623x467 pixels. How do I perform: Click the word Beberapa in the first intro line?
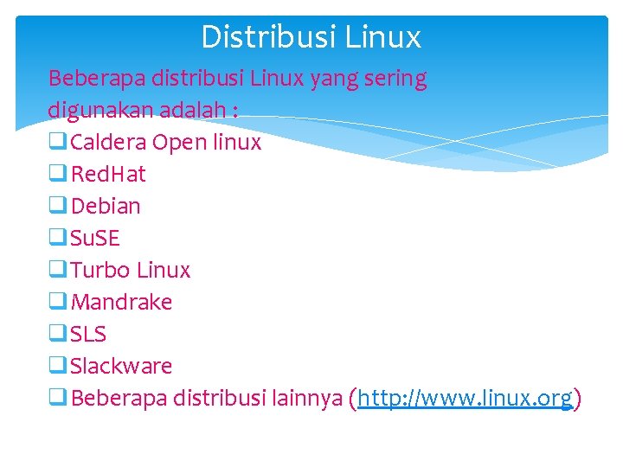click(x=96, y=79)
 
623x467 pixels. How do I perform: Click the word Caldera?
click(x=108, y=142)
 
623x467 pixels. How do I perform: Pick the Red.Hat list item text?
click(x=108, y=174)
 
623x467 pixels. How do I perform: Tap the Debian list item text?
click(x=106, y=206)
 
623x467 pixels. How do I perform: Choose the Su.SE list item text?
click(x=95, y=238)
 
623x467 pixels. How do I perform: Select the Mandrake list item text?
click(x=121, y=302)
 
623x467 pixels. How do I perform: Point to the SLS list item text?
click(x=88, y=334)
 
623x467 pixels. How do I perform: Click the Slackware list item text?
click(x=121, y=366)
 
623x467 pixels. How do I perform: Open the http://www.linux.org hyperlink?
click(x=465, y=398)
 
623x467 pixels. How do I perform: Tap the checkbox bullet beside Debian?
click(x=58, y=206)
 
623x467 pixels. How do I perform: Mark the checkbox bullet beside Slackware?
click(x=58, y=366)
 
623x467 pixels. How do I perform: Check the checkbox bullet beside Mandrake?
click(x=58, y=302)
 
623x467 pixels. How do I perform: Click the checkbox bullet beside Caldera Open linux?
click(x=58, y=142)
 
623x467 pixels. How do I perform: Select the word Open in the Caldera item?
click(x=179, y=143)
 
